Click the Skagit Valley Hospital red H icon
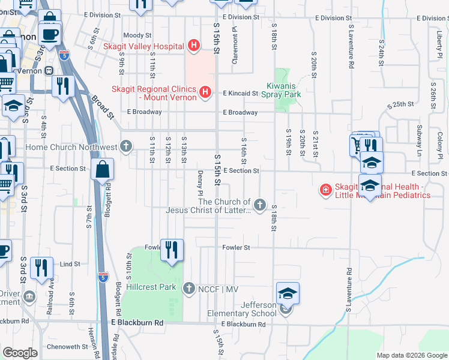[193, 45]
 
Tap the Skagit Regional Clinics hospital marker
[205, 91]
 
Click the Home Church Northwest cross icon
[126, 145]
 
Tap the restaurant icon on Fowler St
[172, 250]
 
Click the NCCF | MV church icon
[189, 289]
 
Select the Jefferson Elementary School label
[243, 309]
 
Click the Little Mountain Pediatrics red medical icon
[325, 190]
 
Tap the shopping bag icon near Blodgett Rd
[103, 170]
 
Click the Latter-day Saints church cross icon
[260, 205]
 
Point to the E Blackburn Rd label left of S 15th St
[137, 323]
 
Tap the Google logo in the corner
[20, 353]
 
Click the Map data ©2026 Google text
[411, 355]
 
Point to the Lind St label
[70, 264]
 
